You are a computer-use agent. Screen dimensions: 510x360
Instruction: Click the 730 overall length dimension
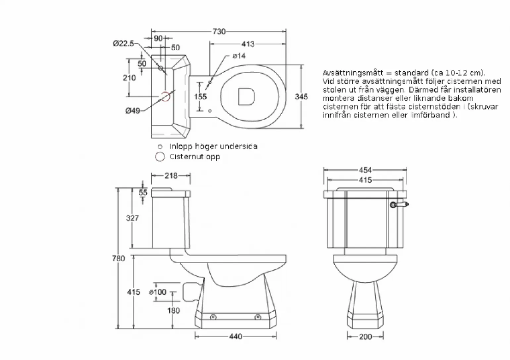219,31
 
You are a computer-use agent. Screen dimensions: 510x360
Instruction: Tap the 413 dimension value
248,44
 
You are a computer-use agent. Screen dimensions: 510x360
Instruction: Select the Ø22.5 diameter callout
124,43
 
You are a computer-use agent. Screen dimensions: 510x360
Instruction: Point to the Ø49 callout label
132,111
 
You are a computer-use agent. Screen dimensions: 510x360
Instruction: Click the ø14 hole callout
239,56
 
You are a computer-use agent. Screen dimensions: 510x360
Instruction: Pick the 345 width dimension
301,97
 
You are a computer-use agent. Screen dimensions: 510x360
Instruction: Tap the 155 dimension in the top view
200,97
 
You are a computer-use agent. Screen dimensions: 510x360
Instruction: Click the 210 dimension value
129,78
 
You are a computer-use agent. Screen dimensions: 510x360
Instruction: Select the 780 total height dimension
119,258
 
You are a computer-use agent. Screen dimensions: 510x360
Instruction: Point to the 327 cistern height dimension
132,218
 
